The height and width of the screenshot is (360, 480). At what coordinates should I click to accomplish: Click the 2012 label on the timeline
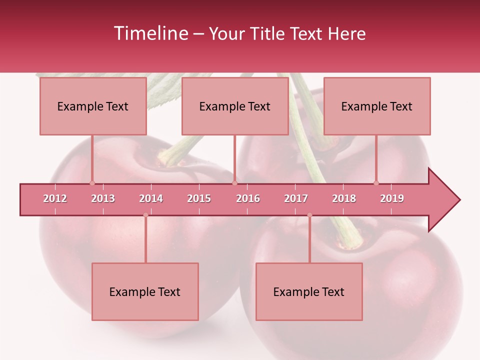pyautogui.click(x=55, y=198)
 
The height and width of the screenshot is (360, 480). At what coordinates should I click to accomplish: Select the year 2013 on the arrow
pyautogui.click(x=103, y=198)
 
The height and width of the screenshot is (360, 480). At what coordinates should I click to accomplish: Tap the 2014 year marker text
pyautogui.click(x=151, y=198)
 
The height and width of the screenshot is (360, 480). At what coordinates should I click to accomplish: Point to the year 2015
pyautogui.click(x=199, y=198)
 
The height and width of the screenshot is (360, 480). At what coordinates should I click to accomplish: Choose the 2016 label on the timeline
pyautogui.click(x=248, y=198)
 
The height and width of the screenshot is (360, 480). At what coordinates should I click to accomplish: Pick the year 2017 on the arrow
pyautogui.click(x=296, y=198)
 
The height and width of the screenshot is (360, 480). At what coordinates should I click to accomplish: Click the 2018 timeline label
pyautogui.click(x=344, y=198)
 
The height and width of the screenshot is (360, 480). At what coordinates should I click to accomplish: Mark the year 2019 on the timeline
pyautogui.click(x=392, y=198)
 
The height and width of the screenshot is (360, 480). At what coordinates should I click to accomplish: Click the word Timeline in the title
pyautogui.click(x=150, y=33)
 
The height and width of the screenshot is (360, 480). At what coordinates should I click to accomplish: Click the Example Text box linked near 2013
pyautogui.click(x=93, y=106)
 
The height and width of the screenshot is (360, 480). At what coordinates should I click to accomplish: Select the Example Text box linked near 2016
pyautogui.click(x=235, y=106)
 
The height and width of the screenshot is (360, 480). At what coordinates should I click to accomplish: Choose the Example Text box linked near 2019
pyautogui.click(x=377, y=106)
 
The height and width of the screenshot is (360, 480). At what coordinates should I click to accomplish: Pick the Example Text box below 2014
pyautogui.click(x=145, y=291)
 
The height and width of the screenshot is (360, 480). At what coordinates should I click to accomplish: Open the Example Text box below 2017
pyautogui.click(x=309, y=291)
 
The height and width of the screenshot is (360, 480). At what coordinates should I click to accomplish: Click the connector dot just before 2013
pyautogui.click(x=92, y=183)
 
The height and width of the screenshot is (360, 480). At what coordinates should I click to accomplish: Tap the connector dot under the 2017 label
pyautogui.click(x=309, y=215)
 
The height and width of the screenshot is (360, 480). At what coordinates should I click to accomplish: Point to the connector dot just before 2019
pyautogui.click(x=376, y=183)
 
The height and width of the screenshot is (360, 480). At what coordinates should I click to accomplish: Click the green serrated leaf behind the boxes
pyautogui.click(x=162, y=92)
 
